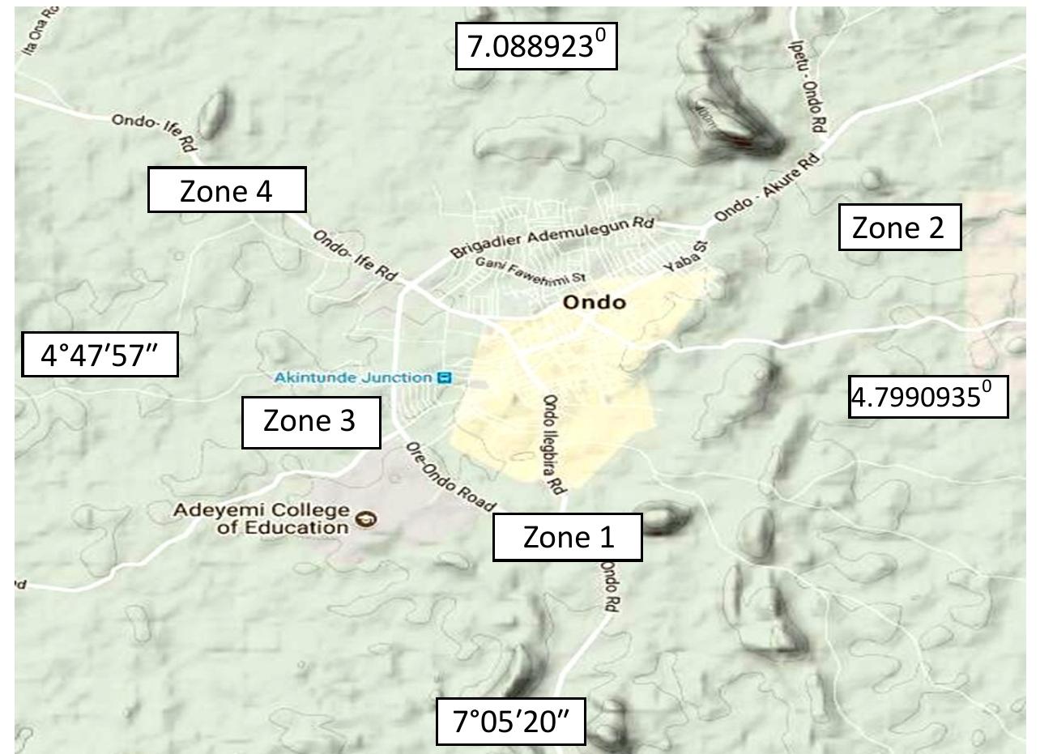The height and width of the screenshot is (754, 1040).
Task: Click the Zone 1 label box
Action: tap(568, 536)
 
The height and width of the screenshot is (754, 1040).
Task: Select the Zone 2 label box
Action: tap(898, 228)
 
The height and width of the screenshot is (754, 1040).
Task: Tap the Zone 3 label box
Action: tap(310, 421)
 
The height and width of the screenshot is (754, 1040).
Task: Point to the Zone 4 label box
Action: tap(226, 191)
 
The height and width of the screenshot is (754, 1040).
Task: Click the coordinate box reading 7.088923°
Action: tap(536, 47)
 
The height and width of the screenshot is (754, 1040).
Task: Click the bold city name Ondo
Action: tap(595, 303)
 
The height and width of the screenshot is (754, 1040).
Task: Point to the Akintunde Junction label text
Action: tap(353, 377)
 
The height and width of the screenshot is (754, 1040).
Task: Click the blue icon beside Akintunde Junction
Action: tap(443, 377)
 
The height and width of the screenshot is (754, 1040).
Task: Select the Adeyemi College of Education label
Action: tap(262, 519)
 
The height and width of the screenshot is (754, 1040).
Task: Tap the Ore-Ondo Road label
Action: tap(450, 478)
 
